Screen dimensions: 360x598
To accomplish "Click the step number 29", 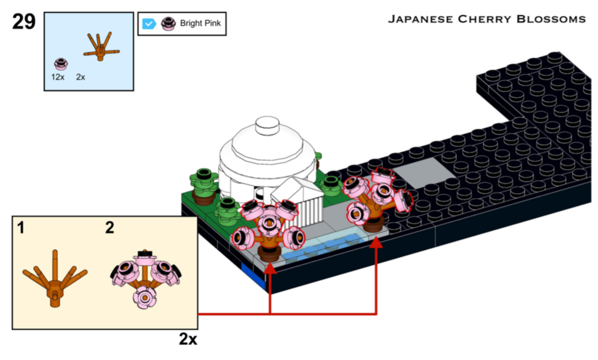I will tap(24, 22).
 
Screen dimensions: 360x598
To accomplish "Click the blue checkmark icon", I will tap(149, 24).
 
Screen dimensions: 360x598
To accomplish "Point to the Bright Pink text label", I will tap(200, 24).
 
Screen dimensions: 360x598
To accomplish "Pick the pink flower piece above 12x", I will tap(60, 63).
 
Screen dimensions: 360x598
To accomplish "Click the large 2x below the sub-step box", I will tap(187, 339).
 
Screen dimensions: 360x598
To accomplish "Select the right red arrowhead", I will tap(377, 243).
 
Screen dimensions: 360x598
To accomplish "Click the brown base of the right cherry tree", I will tap(374, 225).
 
